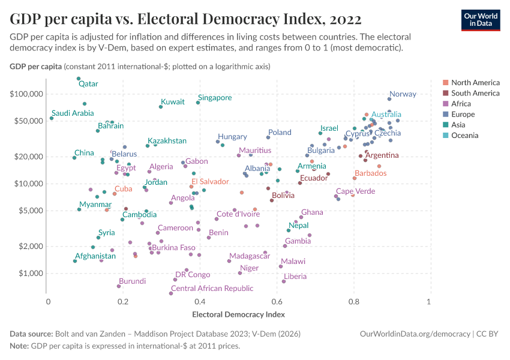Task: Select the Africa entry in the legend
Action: point(462,104)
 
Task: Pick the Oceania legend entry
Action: point(465,136)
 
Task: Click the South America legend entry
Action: point(475,93)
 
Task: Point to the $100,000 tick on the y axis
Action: point(26,94)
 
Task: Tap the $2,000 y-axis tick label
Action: point(30,247)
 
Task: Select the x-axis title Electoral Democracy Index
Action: point(238,314)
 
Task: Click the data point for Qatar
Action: point(79,79)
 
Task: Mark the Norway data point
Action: point(389,99)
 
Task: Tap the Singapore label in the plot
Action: point(215,98)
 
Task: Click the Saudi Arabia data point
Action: point(52,118)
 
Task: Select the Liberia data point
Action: point(284,281)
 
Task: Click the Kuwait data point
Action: point(161,107)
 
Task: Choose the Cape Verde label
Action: point(355,191)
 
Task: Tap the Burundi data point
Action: point(119,286)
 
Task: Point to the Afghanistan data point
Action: point(75,261)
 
